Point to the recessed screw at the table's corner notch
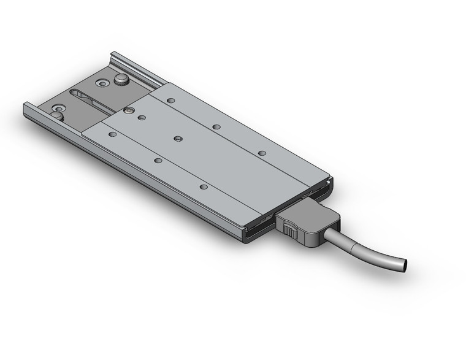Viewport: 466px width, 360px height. tap(129, 110)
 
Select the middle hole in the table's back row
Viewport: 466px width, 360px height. tap(216, 127)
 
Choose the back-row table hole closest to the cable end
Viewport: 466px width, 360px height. tap(262, 153)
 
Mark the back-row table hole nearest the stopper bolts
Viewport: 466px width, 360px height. tap(171, 100)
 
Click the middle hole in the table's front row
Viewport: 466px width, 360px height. tap(158, 161)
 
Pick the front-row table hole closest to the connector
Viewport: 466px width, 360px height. tap(204, 186)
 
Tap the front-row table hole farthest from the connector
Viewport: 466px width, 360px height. tap(112, 134)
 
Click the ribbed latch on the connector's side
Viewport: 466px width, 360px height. tap(288, 230)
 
